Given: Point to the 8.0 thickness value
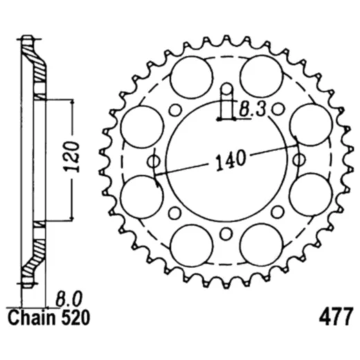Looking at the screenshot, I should [69, 299].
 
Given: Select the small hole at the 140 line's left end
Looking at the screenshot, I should [153, 161].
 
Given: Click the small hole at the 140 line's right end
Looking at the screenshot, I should [298, 161].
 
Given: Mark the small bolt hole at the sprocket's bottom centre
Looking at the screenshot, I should [226, 234].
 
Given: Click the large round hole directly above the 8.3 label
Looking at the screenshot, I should [260, 76].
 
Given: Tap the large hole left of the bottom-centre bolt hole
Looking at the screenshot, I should [190, 244].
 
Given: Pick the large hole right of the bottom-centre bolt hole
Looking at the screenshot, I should [260, 244].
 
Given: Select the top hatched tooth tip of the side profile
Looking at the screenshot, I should [28, 40].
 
